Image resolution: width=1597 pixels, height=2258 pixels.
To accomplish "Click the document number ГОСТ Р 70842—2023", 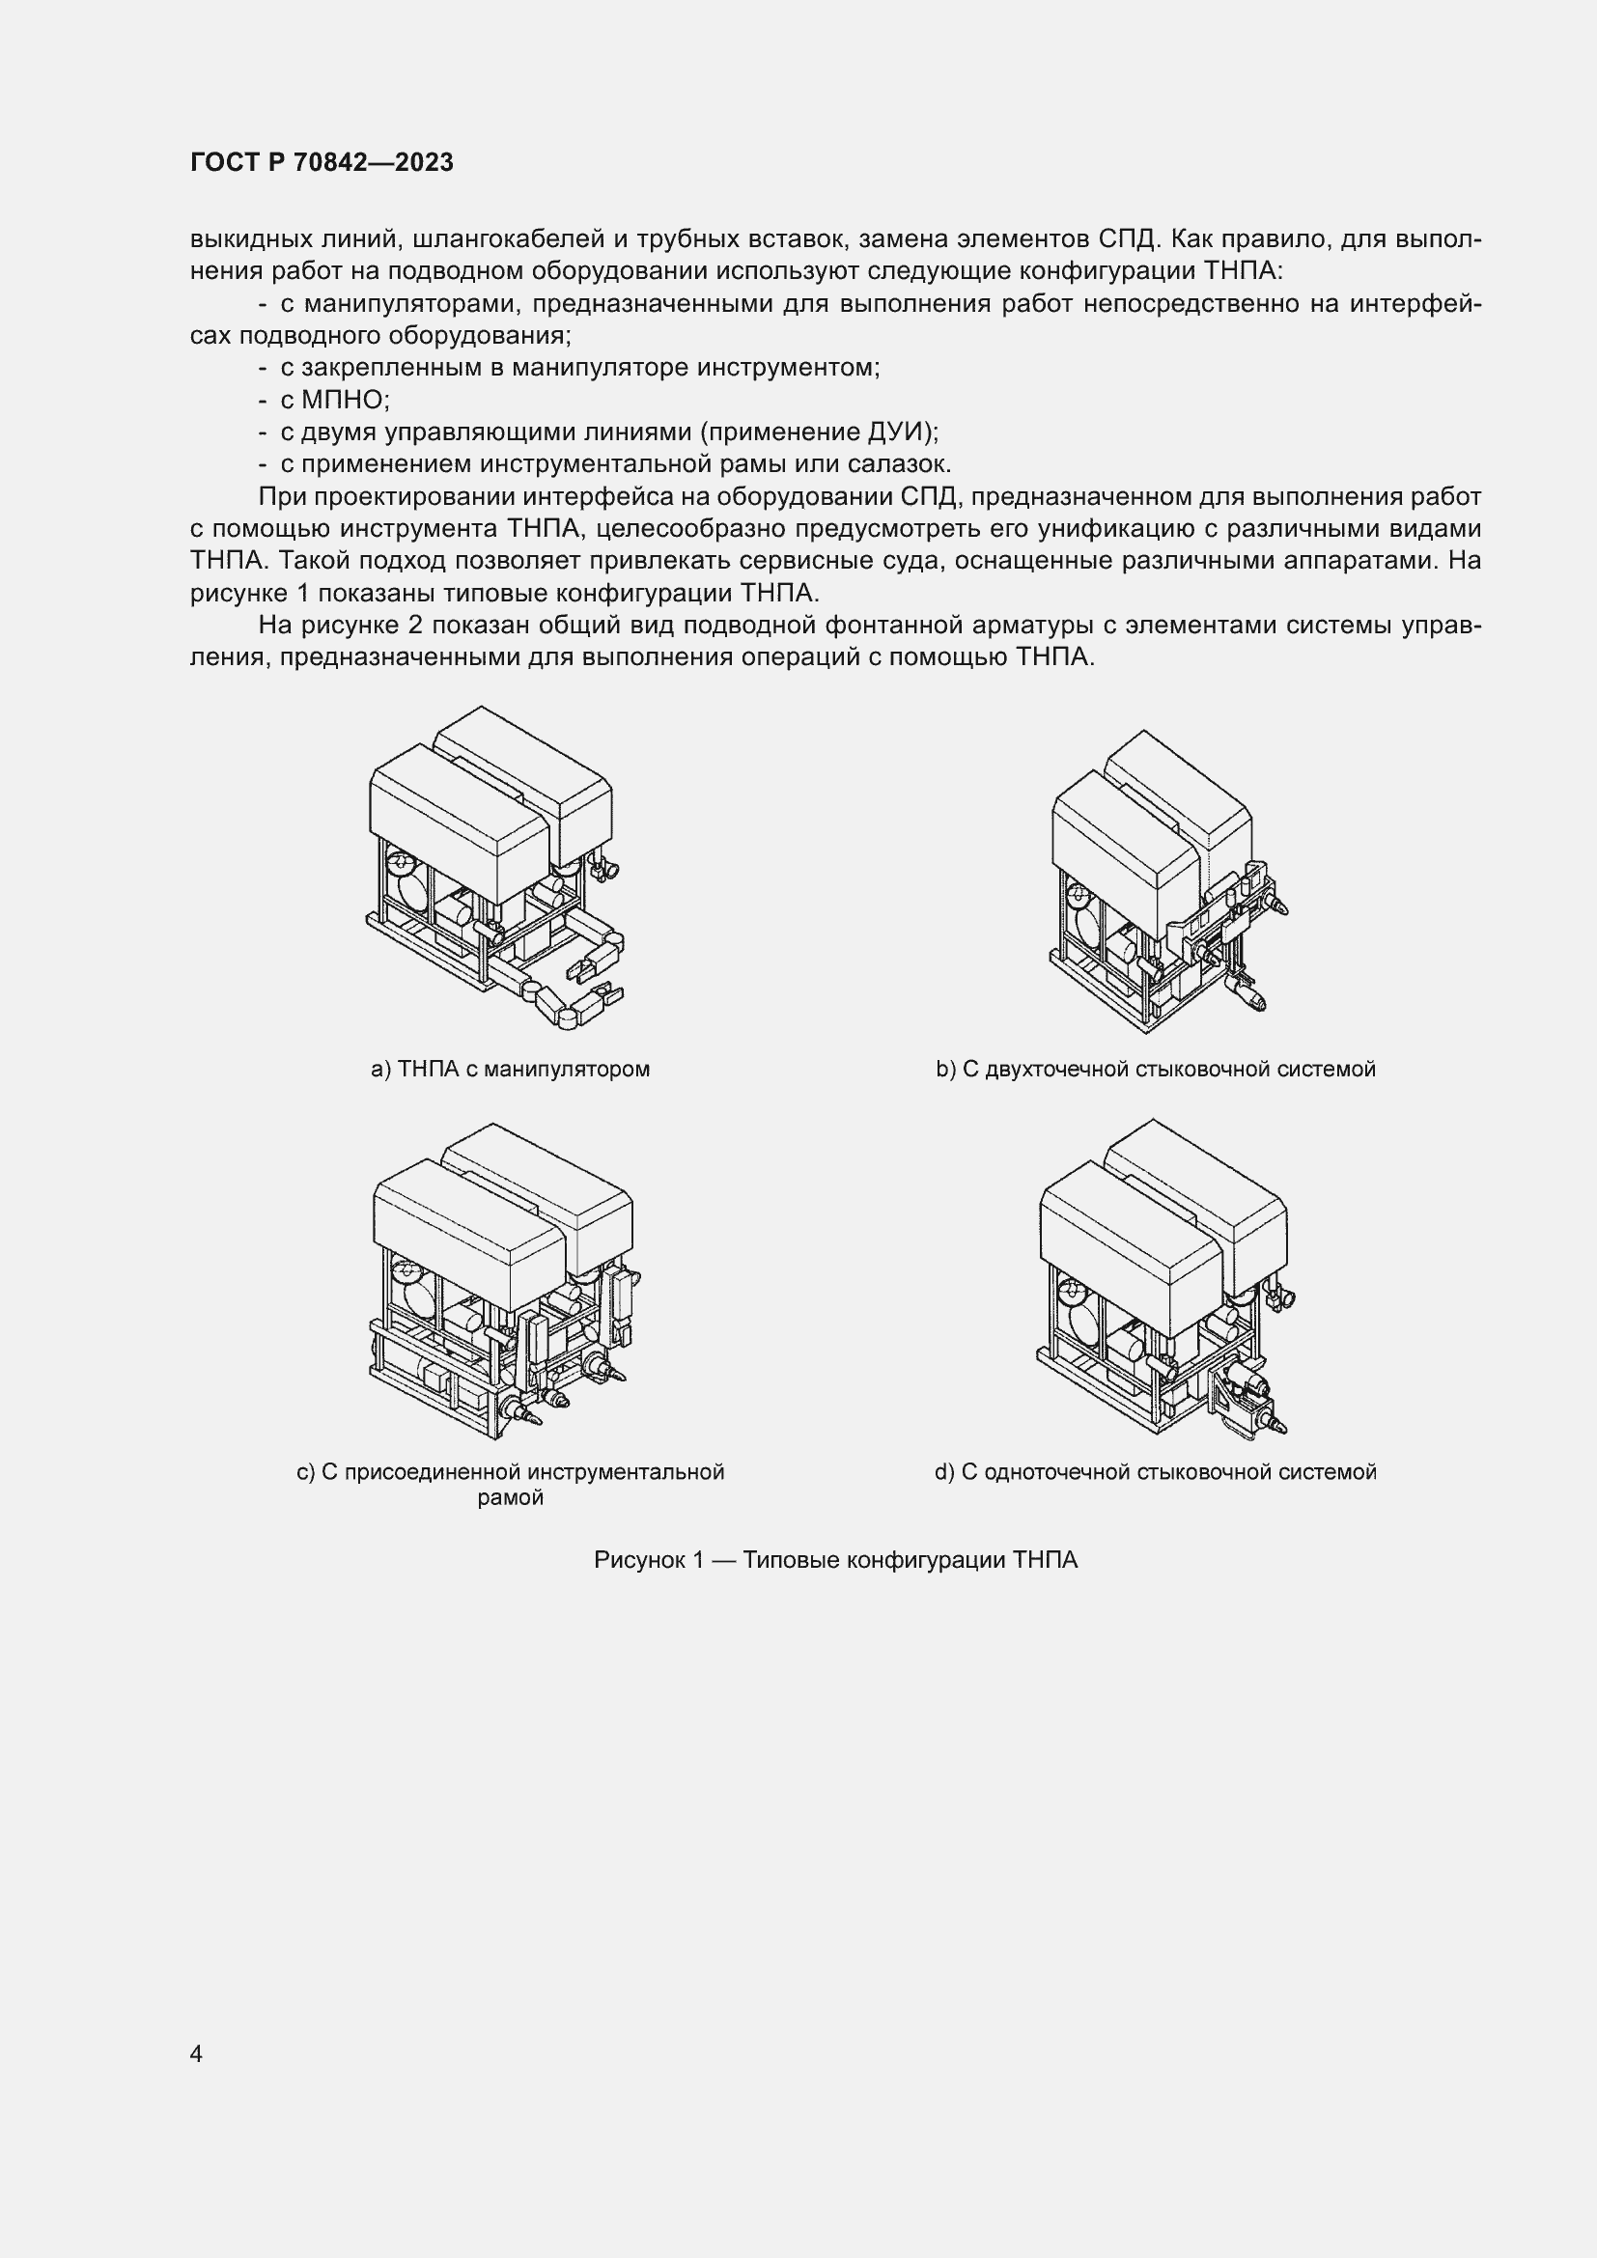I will [322, 162].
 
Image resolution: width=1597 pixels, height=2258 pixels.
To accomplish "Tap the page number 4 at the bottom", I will [196, 2053].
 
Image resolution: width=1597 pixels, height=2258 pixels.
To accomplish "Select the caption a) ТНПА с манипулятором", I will [511, 1069].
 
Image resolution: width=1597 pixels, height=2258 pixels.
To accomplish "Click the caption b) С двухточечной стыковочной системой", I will [1156, 1069].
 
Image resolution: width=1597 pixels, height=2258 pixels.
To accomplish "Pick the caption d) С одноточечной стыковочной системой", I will [1156, 1472].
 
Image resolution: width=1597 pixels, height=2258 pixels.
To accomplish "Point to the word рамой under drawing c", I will [511, 1498].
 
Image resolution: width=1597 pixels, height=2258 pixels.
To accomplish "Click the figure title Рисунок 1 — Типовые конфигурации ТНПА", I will [836, 1560].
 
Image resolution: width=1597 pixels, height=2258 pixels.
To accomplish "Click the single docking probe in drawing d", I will [1275, 1423].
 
